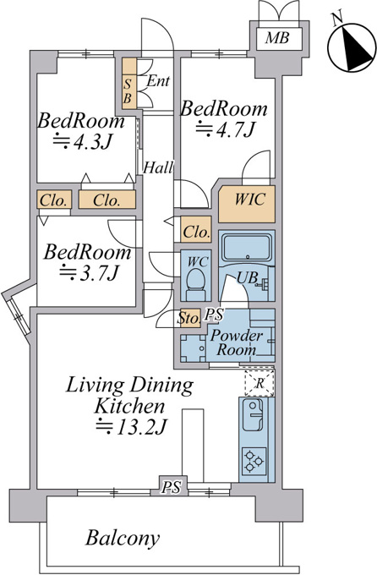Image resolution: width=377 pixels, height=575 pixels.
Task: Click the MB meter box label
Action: tap(277, 38)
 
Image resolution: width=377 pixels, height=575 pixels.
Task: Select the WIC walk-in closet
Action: tap(247, 204)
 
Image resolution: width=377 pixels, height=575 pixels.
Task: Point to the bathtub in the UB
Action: tap(248, 249)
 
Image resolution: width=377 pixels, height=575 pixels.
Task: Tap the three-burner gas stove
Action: tap(254, 461)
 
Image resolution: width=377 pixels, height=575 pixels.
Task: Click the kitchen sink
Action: tap(253, 415)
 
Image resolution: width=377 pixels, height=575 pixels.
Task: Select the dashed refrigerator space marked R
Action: tap(260, 384)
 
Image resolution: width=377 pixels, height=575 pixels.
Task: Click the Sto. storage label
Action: tap(188, 318)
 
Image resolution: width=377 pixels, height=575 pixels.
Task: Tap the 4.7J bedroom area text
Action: tap(225, 129)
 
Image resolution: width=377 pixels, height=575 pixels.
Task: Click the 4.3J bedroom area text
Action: tap(82, 141)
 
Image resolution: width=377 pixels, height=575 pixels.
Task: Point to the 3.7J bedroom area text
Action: tap(90, 272)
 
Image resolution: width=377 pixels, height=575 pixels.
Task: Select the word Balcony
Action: tap(123, 538)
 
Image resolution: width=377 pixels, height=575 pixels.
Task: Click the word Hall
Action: tap(158, 167)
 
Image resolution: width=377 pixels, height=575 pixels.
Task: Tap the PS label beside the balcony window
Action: tap(172, 487)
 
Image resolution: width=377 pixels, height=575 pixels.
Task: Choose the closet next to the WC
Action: tap(196, 229)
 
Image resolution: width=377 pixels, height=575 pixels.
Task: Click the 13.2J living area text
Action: tap(131, 427)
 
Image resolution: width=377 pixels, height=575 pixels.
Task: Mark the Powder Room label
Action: tap(237, 342)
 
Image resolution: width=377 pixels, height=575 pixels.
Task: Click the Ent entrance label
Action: tap(158, 81)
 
